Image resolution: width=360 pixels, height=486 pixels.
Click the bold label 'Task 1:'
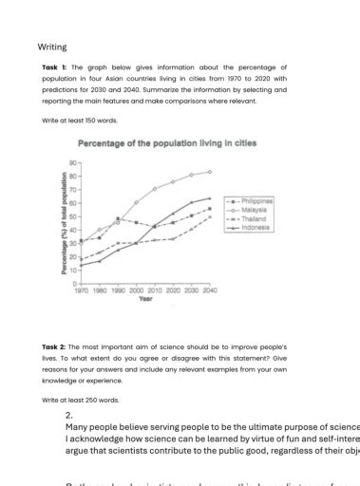51,67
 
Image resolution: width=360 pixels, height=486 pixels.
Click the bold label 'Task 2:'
51,349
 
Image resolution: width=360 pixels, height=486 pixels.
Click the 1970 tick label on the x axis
82,290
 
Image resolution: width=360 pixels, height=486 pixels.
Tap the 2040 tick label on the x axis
210,290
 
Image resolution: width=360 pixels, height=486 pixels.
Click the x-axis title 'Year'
145,298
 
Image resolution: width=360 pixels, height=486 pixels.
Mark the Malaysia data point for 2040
210,172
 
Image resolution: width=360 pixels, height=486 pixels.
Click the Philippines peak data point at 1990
118,218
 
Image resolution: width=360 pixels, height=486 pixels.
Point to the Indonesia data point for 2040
210,198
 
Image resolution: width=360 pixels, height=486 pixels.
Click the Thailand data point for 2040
210,217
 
